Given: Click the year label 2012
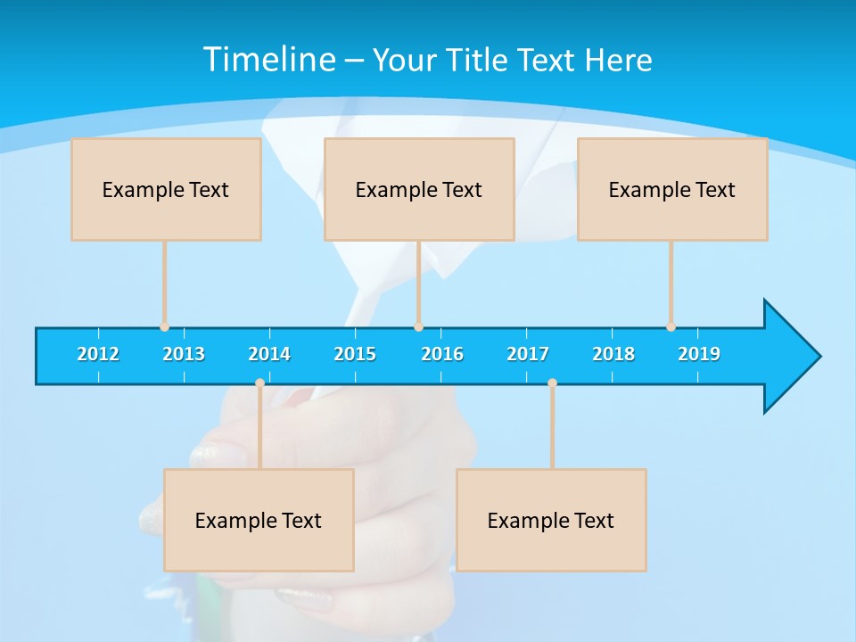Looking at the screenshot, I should pos(98,354).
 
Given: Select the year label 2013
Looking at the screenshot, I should pos(184,354).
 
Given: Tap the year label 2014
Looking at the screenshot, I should pos(269,354).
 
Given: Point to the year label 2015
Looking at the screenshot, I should pos(355,354).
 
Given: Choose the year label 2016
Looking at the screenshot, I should pos(442,354).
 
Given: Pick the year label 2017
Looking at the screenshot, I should pos(528,354).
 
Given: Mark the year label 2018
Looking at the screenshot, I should pos(613,354).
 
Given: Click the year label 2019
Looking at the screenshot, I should pos(699,354).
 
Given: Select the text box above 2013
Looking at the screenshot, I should pos(166,189).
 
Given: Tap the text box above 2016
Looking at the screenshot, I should pos(419,189).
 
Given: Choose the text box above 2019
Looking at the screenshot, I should pos(672,189).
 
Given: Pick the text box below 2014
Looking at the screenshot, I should pos(259,520).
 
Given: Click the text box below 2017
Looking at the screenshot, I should pos(551,520).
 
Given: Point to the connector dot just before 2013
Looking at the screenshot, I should pos(164,326).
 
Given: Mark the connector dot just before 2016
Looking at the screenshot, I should pos(418,326).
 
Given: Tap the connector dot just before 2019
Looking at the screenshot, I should pos(671,326).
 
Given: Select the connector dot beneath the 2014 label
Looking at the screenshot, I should pos(259,383).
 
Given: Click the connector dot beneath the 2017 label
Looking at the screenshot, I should pos(552,383).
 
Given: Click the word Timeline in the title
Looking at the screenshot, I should pos(267,60).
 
